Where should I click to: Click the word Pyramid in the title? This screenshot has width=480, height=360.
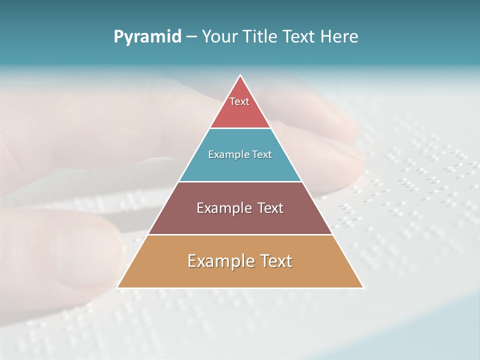[x=147, y=37]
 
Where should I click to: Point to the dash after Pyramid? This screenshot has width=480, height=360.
[x=191, y=37]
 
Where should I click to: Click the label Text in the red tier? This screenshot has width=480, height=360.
[x=239, y=101]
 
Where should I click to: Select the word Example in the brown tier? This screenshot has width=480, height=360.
[x=223, y=208]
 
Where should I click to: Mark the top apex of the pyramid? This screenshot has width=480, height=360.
[x=240, y=75]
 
